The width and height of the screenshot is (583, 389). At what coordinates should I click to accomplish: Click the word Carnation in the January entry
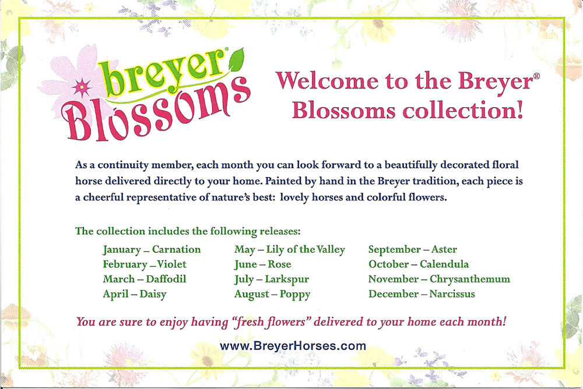pyautogui.click(x=176, y=249)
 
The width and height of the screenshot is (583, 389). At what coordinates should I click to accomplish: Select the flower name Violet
pyautogui.click(x=171, y=264)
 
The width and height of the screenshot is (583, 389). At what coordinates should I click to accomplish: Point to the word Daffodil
pyautogui.click(x=166, y=279)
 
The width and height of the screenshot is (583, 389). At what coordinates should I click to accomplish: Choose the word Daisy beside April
pyautogui.click(x=153, y=294)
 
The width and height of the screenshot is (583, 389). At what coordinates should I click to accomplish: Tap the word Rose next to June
pyautogui.click(x=280, y=264)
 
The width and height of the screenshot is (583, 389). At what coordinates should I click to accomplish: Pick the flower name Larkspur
pyautogui.click(x=287, y=280)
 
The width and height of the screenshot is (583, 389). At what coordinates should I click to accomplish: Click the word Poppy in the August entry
pyautogui.click(x=295, y=295)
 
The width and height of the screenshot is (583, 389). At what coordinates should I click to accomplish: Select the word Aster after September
pyautogui.click(x=444, y=249)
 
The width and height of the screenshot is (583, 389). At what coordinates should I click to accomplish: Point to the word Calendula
pyautogui.click(x=444, y=264)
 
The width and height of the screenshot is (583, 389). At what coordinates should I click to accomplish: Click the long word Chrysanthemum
pyautogui.click(x=469, y=280)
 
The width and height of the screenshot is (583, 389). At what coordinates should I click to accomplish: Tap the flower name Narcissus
pyautogui.click(x=452, y=294)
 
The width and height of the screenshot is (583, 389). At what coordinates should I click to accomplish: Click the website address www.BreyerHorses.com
pyautogui.click(x=293, y=346)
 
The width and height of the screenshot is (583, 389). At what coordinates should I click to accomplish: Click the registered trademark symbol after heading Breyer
pyautogui.click(x=536, y=76)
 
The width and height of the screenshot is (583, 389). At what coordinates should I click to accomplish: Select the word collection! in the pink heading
pyautogui.click(x=463, y=110)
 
